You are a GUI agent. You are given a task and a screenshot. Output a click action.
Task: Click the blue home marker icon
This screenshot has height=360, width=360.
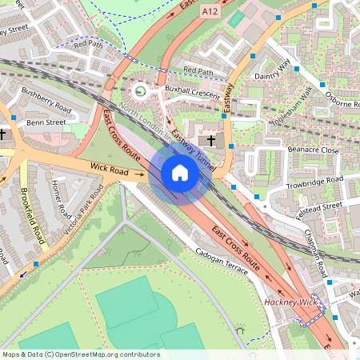tap(179, 173)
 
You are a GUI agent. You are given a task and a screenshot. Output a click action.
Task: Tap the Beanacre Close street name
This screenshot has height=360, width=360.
tap(314, 150)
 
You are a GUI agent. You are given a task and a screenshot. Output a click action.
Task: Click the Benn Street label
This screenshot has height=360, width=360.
tap(46, 122)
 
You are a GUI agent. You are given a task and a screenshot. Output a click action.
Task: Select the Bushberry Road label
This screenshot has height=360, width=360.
tap(46, 100)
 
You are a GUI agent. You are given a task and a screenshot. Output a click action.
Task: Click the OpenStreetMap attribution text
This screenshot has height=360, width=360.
tap(81, 354)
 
